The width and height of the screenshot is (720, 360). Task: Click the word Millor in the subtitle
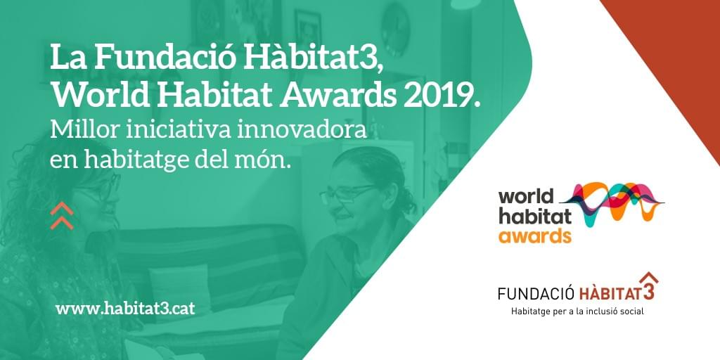(76, 130)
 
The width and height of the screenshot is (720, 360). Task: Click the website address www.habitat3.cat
(125, 308)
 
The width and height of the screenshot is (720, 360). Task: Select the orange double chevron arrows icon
(62, 215)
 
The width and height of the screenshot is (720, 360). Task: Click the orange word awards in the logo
(535, 236)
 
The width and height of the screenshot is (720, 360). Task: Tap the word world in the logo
(526, 197)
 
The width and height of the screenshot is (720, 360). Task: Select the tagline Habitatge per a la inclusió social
(578, 311)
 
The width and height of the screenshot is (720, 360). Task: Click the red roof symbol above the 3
(648, 278)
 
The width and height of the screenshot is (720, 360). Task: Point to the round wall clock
(395, 30)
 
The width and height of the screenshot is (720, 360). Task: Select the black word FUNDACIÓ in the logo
(536, 293)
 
